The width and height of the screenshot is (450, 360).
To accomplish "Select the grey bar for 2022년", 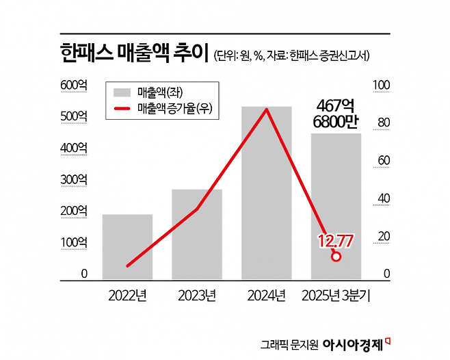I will pyautogui.click(x=127, y=246).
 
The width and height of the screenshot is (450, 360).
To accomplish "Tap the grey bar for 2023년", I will pyautogui.click(x=197, y=234).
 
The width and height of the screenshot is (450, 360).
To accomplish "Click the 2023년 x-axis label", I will pyautogui.click(x=197, y=296).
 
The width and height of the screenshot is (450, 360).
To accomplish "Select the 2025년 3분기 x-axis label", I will pyautogui.click(x=336, y=296).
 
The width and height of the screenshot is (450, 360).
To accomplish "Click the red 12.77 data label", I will pyautogui.click(x=335, y=240).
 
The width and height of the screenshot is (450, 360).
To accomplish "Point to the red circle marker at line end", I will pyautogui.click(x=336, y=257).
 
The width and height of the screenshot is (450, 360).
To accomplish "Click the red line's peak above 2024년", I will pyautogui.click(x=267, y=110).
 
